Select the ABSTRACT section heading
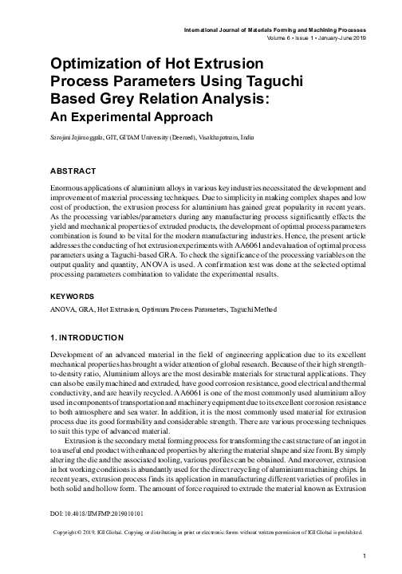pos(73,171)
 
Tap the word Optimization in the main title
pos(104,63)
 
